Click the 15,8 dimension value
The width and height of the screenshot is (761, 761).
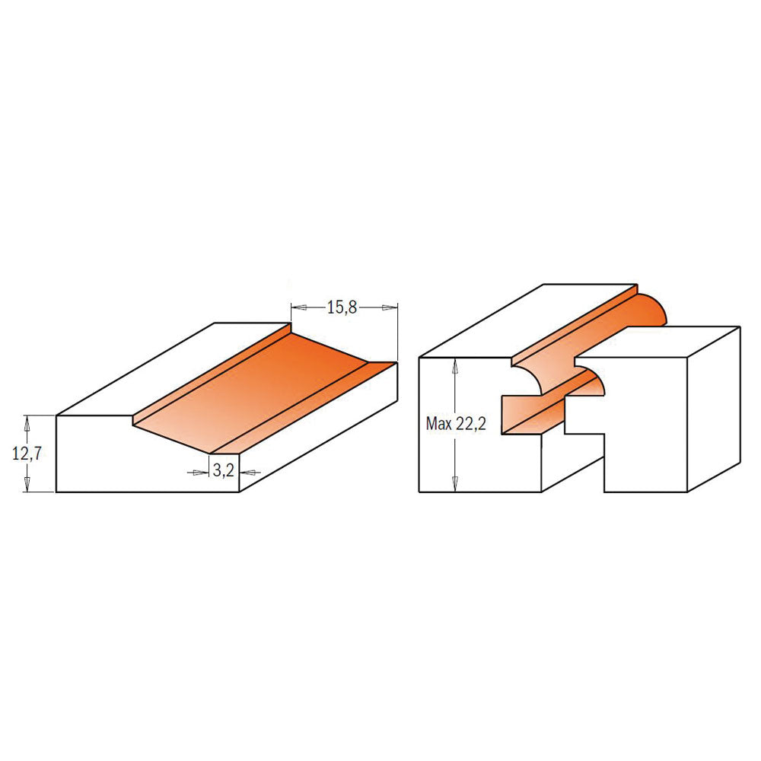tap(342, 307)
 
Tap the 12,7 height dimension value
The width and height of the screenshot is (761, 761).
tap(27, 454)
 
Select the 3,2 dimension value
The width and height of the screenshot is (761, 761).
tap(223, 470)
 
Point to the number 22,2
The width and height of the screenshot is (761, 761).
tap(470, 424)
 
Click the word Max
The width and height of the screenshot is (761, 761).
tap(439, 424)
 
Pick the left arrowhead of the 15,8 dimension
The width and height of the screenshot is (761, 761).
tap(299, 307)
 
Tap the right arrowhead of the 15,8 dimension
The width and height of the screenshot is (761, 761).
tap(390, 307)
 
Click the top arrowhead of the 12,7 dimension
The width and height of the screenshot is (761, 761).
tap(27, 423)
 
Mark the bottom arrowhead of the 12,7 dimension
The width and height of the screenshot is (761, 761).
tap(27, 484)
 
